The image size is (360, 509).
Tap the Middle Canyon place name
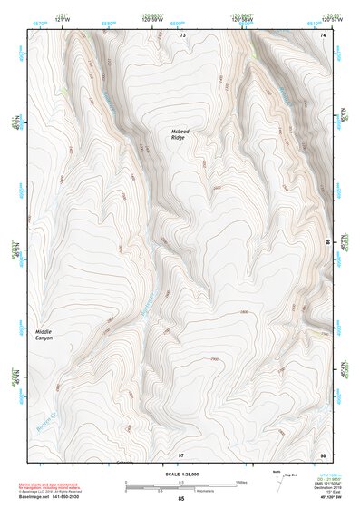pos(44,335)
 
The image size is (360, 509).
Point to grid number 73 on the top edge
pos(181,34)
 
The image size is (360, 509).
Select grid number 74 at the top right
pos(324,34)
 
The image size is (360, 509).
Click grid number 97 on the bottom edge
pos(180,453)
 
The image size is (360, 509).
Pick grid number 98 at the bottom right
pos(323,453)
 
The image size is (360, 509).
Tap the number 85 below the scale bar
pos(180,498)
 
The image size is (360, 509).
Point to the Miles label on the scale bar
pos(242,482)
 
